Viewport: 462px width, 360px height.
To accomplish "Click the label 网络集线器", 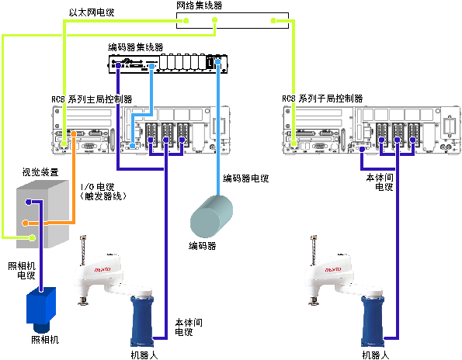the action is pos(200,5).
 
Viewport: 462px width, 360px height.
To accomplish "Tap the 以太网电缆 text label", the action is pos(92,12).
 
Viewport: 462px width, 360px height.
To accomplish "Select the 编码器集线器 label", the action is pos(136,47).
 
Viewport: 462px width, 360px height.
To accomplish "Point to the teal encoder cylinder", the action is pos(211,216).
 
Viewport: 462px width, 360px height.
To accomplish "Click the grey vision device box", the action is pos(43,214).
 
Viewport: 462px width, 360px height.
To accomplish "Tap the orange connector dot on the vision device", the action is pos(26,223).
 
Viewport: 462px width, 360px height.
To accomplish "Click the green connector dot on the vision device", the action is pos(32,237).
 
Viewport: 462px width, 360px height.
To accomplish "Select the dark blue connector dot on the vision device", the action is pos(28,202).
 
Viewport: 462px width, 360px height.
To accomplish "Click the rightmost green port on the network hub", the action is pos(273,21).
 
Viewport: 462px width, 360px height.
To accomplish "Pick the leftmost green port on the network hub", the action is pos(186,21).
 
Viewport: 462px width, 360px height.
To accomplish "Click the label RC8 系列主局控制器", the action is pos(92,99).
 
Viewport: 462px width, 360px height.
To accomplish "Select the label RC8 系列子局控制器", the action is pos(322,99).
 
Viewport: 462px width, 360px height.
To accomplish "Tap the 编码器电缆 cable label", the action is pos(245,178).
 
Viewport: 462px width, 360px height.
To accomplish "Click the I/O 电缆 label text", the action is pos(97,187).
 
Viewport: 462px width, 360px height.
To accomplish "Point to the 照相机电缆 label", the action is pos(22,271).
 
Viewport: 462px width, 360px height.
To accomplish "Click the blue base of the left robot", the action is pos(142,321).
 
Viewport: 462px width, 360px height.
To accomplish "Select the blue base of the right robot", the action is pos(373,321).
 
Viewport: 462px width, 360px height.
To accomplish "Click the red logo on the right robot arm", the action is pos(333,269).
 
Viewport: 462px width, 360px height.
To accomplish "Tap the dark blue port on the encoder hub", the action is pos(118,66).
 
